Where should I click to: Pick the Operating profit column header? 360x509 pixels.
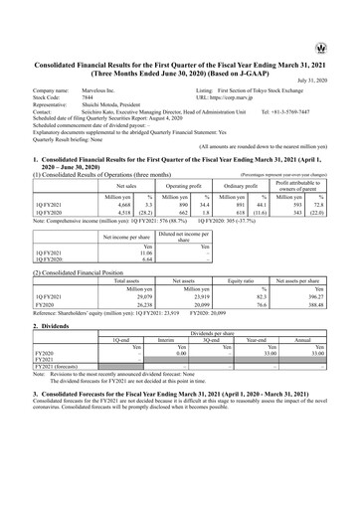coord(177,185)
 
